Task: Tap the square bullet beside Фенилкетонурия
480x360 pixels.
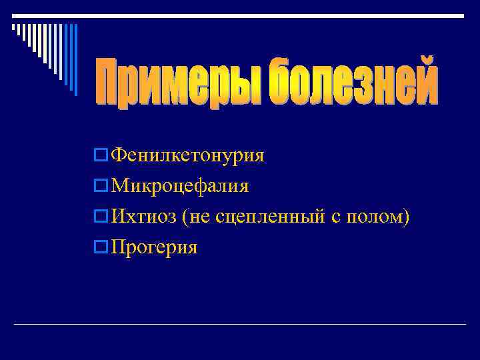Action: pyautogui.click(x=101, y=155)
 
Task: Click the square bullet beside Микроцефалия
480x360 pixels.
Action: pyautogui.click(x=101, y=186)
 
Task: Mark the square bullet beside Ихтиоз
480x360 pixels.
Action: pyautogui.click(x=101, y=217)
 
